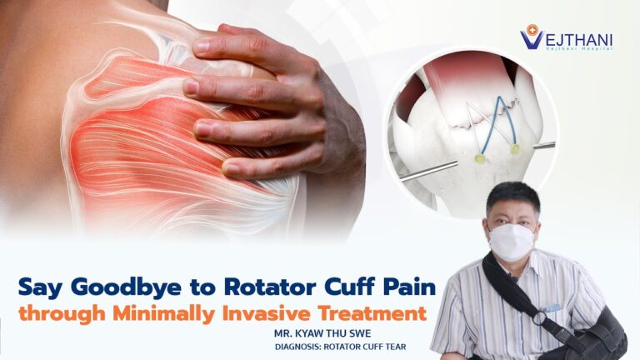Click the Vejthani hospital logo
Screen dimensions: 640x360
tap(567, 37)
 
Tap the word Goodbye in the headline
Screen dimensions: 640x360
tap(126, 287)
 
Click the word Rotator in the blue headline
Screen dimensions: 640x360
tap(270, 287)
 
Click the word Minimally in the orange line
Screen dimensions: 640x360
tap(163, 314)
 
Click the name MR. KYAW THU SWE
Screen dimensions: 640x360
tap(322, 333)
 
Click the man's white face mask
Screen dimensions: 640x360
tap(511, 242)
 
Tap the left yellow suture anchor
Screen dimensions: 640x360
tap(480, 159)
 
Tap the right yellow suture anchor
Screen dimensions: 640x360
tap(515, 149)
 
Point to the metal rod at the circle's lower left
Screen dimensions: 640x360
tap(428, 171)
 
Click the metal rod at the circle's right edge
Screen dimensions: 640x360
tap(544, 145)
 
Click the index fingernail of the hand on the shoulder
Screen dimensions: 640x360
tap(201, 47)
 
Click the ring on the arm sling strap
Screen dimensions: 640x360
tap(541, 318)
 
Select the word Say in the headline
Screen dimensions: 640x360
tap(40, 287)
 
